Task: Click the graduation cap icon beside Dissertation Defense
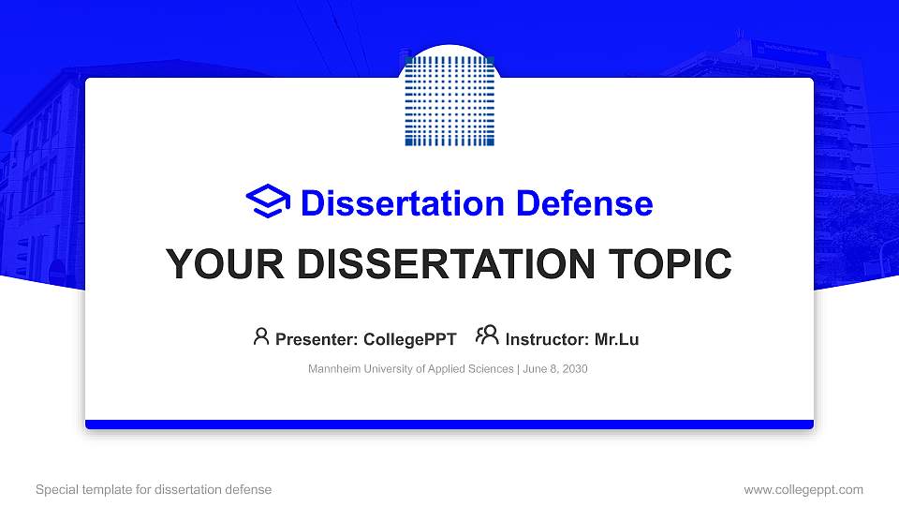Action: [x=269, y=202]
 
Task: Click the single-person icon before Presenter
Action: [x=261, y=336]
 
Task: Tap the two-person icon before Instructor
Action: [x=487, y=336]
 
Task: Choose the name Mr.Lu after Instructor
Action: [x=616, y=339]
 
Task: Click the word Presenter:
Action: [x=317, y=339]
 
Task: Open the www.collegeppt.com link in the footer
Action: [x=803, y=489]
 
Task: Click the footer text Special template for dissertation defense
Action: [x=154, y=489]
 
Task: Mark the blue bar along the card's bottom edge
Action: [x=449, y=424]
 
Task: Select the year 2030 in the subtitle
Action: [x=573, y=369]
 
